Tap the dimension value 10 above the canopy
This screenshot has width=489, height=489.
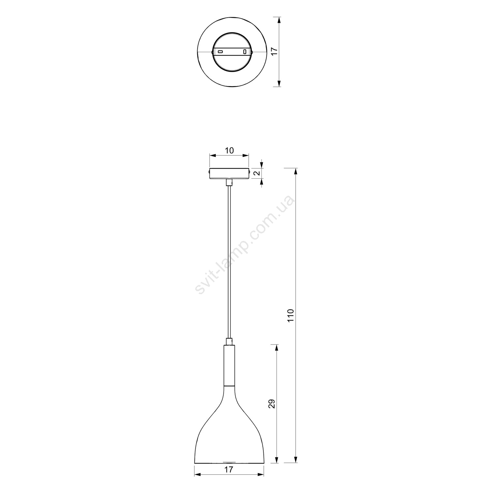pyautogui.click(x=229, y=150)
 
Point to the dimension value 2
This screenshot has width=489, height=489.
pyautogui.click(x=257, y=173)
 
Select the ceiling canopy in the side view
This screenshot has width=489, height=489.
pyautogui.click(x=230, y=173)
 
